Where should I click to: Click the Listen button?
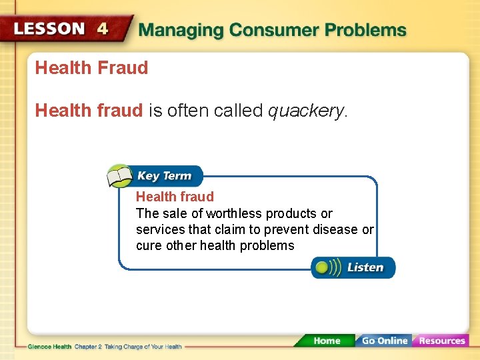tap(353, 267)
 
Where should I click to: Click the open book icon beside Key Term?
tap(120, 177)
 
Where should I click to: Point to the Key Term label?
tap(164, 176)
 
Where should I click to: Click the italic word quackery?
tap(306, 111)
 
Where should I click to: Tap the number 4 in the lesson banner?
tap(103, 29)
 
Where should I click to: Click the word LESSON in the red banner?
tap(50, 29)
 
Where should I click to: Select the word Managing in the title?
tap(180, 31)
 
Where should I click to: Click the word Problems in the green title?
tap(366, 31)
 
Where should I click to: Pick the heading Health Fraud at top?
tap(91, 68)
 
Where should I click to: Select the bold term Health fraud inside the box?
tap(175, 197)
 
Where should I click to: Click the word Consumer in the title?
tap(273, 31)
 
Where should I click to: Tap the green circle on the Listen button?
tap(323, 267)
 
